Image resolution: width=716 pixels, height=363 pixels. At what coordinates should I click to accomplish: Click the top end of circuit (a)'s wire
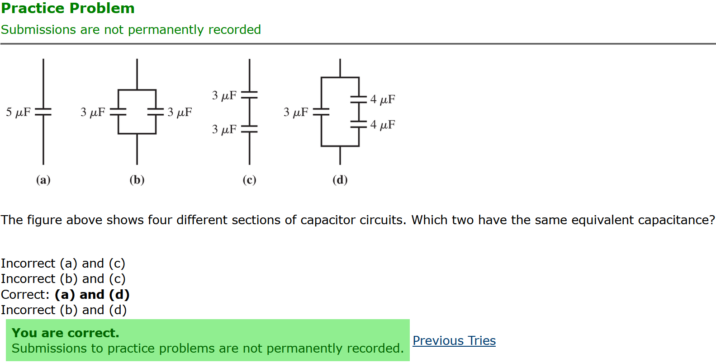[x=43, y=59]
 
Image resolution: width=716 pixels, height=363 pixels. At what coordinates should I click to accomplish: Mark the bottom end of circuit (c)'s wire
[x=249, y=164]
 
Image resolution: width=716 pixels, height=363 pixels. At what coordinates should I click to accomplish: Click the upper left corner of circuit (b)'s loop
[x=118, y=90]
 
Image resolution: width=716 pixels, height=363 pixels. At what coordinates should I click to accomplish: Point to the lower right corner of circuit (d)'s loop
[x=359, y=146]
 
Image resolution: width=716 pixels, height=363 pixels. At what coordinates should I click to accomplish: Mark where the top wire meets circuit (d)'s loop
[x=340, y=77]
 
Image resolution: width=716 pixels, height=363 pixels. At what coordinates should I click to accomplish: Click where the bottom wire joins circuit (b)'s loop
[x=137, y=133]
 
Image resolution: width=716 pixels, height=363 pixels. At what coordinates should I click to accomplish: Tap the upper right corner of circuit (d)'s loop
[x=359, y=77]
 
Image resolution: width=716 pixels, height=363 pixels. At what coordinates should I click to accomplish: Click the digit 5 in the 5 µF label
[x=9, y=112]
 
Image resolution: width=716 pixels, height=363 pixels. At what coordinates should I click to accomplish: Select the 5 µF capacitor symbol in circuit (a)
[x=43, y=112]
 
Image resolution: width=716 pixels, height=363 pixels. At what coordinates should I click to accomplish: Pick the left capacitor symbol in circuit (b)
[x=118, y=112]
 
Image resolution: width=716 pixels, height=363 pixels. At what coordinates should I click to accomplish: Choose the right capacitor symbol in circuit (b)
[x=156, y=112]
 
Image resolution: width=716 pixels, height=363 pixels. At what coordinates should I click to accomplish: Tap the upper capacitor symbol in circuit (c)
[x=249, y=95]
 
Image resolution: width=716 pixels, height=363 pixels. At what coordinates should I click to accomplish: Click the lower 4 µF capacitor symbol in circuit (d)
[x=359, y=124]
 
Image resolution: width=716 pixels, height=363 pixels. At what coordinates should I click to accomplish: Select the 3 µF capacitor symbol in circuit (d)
[x=321, y=112]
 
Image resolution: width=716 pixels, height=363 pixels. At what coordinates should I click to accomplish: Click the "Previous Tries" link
[x=454, y=341]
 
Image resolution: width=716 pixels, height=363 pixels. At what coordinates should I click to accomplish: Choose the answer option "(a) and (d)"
[x=92, y=295]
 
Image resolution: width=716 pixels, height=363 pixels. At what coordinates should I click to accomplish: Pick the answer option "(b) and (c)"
[x=93, y=279]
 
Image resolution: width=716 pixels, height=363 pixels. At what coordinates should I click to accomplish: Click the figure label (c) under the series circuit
[x=249, y=180]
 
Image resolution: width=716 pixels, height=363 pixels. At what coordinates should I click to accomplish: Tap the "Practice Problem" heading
[x=68, y=8]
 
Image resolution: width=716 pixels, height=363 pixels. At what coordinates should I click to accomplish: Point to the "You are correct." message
[x=66, y=333]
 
